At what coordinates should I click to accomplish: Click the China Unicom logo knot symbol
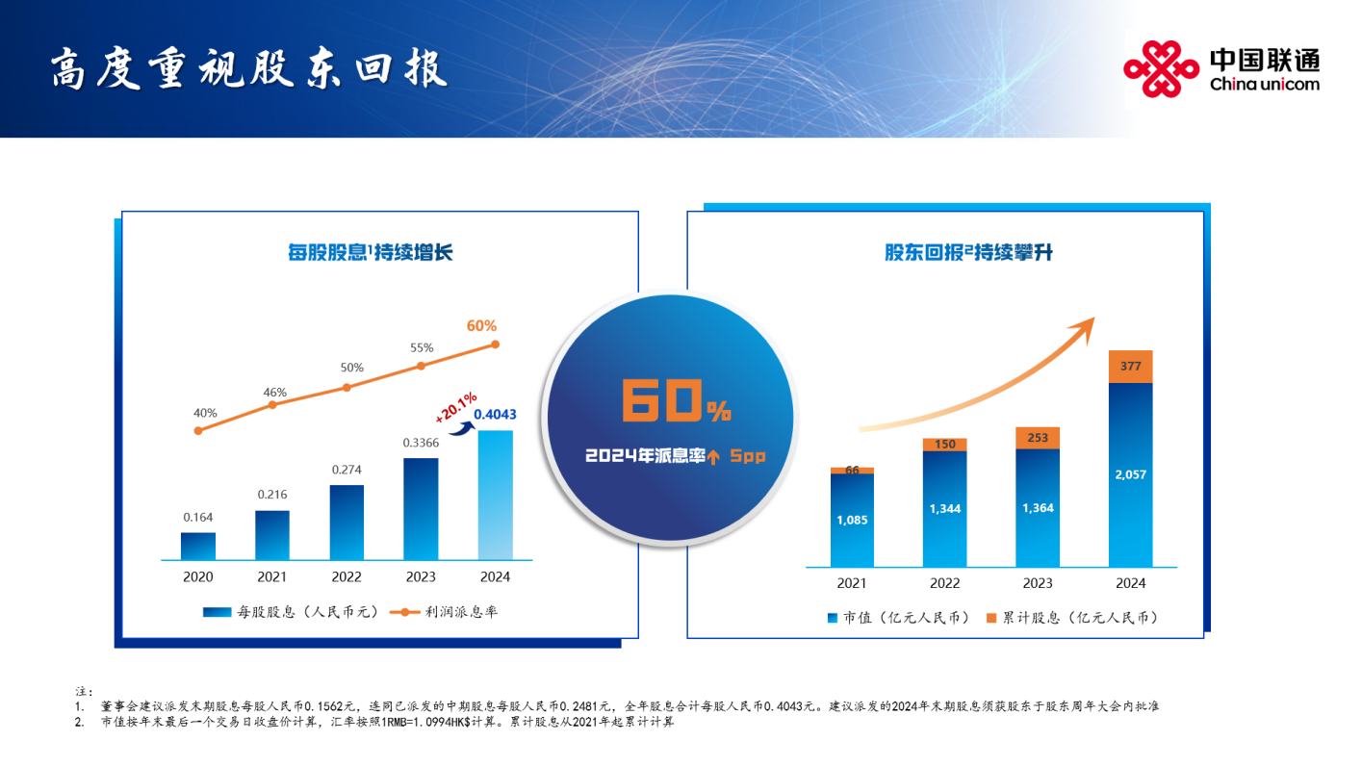[x=1162, y=68]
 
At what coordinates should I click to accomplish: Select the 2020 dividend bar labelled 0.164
[x=198, y=546]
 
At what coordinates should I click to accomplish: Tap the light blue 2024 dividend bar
[x=496, y=495]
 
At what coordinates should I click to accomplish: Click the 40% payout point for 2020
[x=198, y=430]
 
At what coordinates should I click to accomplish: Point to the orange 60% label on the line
[x=482, y=325]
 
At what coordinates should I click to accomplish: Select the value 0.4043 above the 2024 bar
[x=495, y=414]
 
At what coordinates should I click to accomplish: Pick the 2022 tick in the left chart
[x=347, y=577]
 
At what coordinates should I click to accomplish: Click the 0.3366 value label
[x=421, y=443]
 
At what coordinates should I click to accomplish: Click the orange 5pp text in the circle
[x=747, y=456]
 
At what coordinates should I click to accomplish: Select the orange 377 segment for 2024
[x=1131, y=367]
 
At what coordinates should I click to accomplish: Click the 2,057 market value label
[x=1131, y=474]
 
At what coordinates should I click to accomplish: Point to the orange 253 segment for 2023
[x=1038, y=438]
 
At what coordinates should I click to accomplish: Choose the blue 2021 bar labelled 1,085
[x=852, y=520]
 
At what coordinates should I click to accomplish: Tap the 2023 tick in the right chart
[x=1038, y=583]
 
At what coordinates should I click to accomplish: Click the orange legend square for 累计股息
[x=991, y=618]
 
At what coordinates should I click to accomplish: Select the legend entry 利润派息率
[x=449, y=612]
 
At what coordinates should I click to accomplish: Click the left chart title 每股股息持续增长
[x=370, y=253]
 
